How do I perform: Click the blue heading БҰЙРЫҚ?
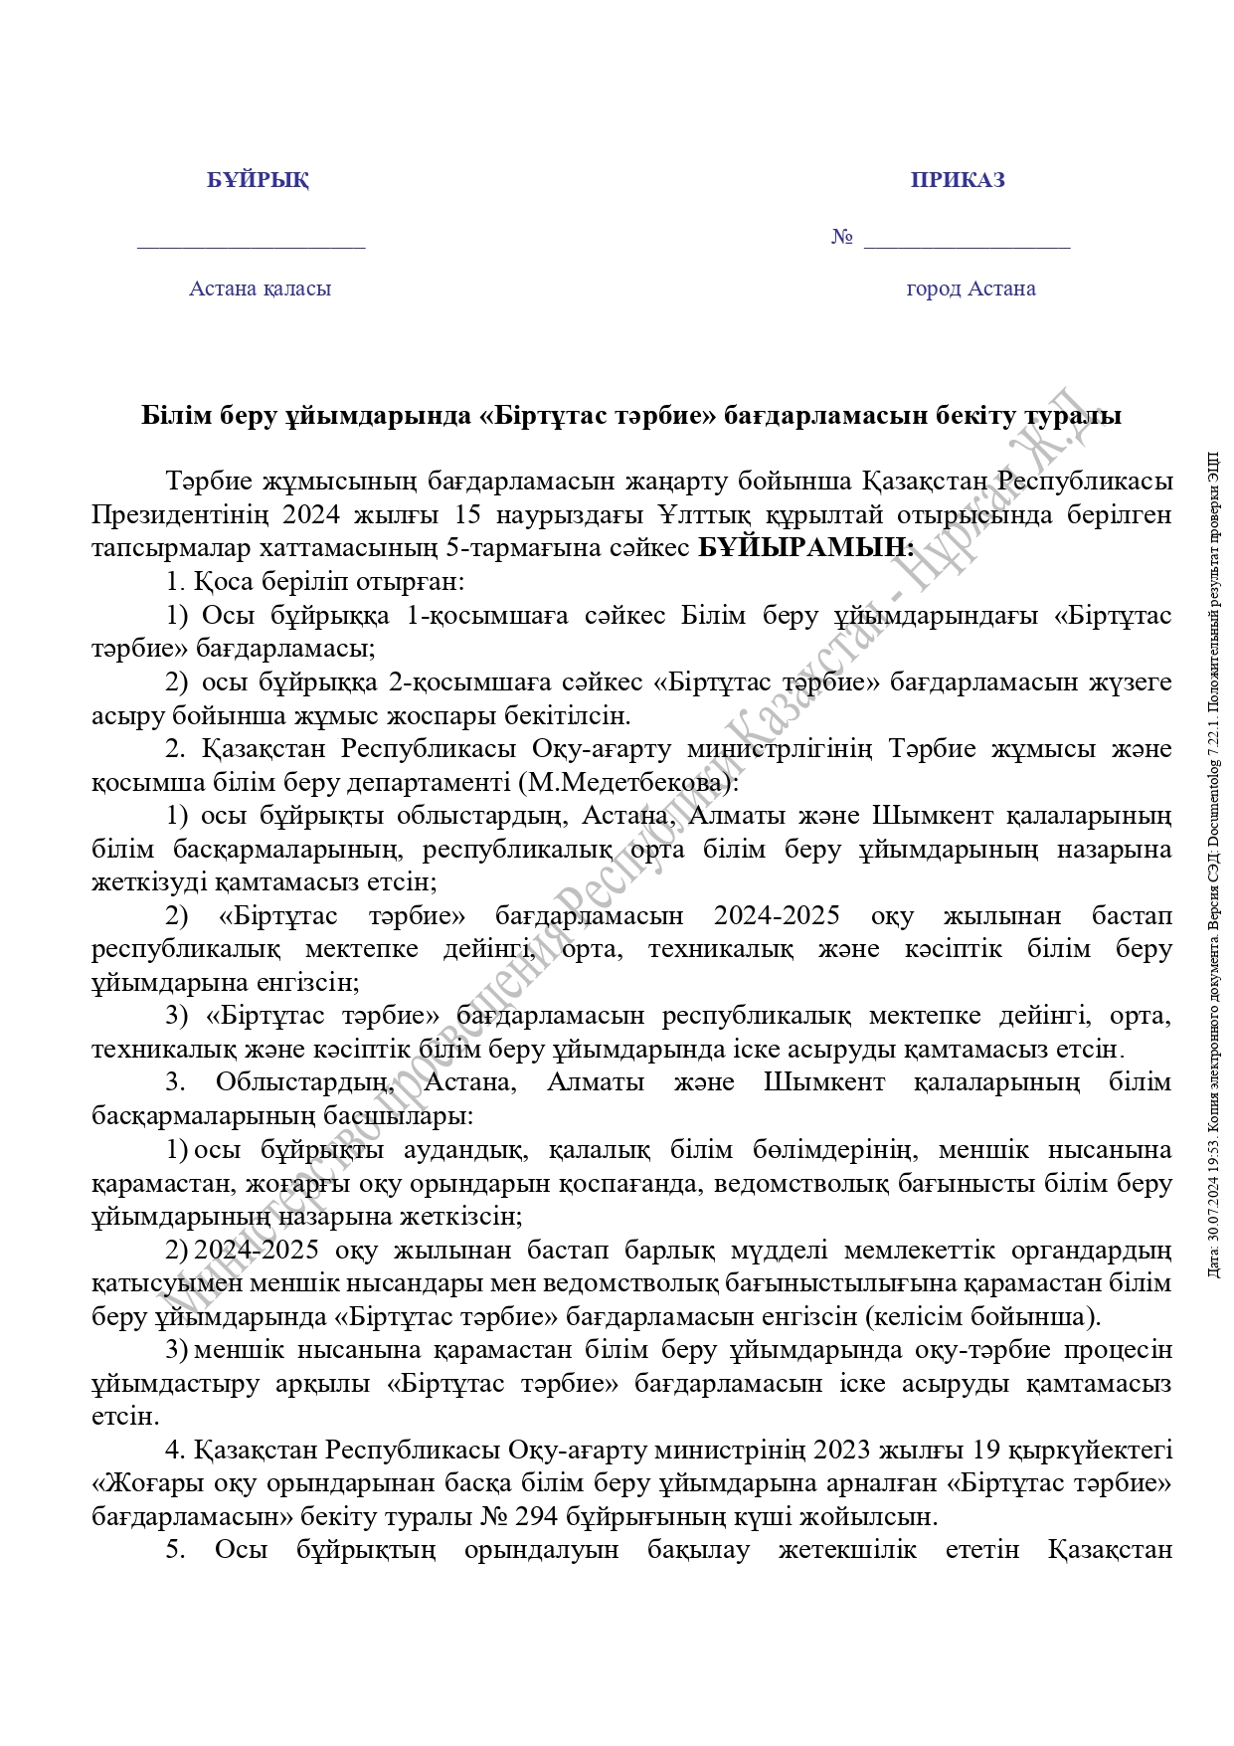(x=258, y=180)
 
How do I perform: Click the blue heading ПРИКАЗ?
(x=958, y=180)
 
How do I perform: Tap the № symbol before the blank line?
(x=842, y=238)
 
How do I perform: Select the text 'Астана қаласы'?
(x=260, y=289)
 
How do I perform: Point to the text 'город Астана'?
(x=970, y=289)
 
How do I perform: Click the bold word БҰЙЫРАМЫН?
(x=804, y=547)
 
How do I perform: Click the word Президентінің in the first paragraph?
(x=180, y=514)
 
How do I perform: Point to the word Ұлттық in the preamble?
(x=699, y=514)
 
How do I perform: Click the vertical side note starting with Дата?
(x=1214, y=866)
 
